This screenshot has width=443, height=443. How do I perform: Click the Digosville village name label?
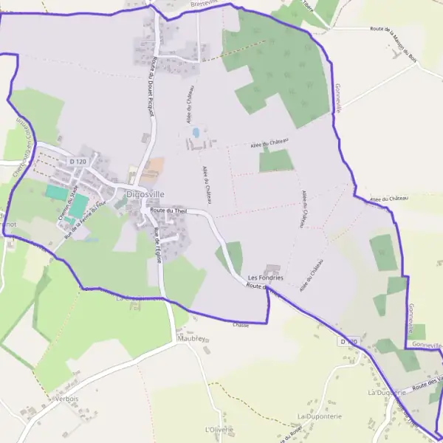pos(145,194)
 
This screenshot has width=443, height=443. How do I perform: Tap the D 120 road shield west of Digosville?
pos(77,160)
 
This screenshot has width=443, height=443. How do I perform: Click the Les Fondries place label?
pos(266,278)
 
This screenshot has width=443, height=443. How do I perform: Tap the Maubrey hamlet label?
pos(190,339)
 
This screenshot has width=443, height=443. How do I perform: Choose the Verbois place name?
pos(66,399)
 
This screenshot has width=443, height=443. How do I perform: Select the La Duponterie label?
pos(320,416)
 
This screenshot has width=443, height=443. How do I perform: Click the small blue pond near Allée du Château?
pos(196,132)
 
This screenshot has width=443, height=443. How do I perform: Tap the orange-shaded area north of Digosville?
pos(153,171)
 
